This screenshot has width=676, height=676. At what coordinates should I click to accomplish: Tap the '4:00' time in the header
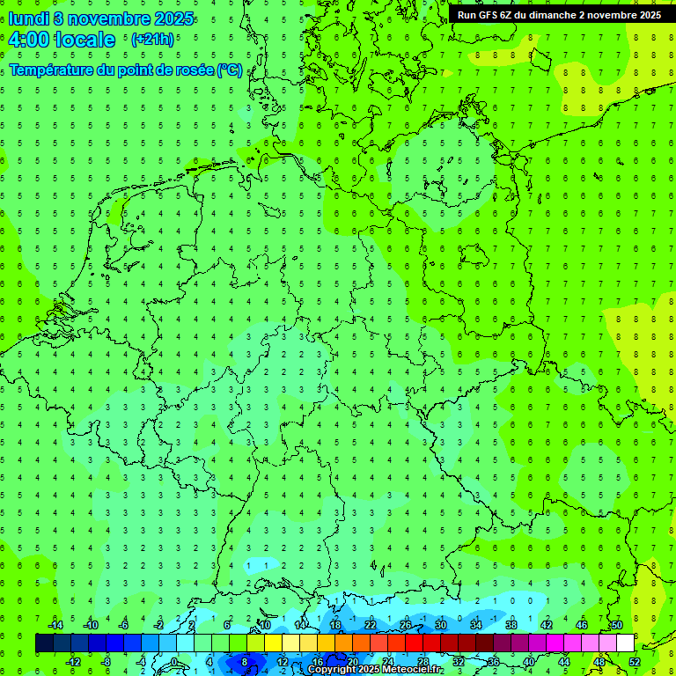click(28, 40)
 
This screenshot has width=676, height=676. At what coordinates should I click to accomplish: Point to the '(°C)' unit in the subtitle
click(230, 70)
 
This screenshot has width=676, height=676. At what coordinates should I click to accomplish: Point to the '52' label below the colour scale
click(636, 662)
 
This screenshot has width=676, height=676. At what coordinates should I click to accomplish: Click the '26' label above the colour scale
click(406, 625)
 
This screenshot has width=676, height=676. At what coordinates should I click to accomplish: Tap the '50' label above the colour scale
click(617, 625)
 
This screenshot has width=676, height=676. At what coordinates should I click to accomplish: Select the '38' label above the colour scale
click(511, 625)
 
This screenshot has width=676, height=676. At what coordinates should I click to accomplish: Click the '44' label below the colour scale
click(564, 662)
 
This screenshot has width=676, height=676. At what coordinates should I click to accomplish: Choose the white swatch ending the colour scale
click(626, 643)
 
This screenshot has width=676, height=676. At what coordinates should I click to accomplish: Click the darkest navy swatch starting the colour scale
click(44, 643)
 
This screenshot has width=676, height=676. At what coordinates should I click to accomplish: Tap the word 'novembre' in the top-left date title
click(104, 18)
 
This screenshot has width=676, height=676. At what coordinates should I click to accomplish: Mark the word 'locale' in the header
click(85, 40)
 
